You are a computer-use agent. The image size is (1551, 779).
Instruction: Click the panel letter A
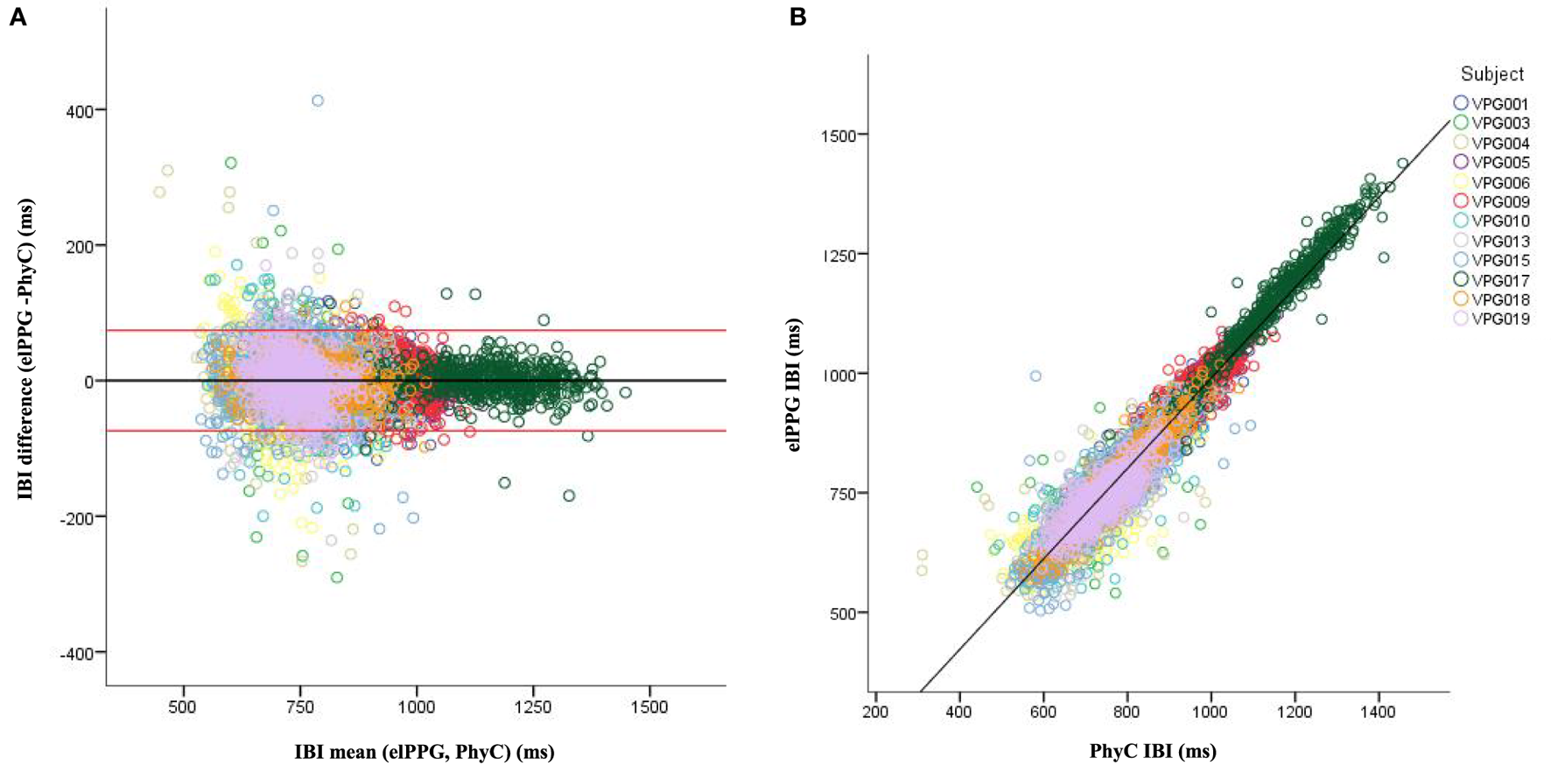point(18,17)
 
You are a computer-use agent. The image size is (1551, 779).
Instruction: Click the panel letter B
point(797,17)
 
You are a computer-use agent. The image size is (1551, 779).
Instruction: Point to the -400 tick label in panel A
point(79,653)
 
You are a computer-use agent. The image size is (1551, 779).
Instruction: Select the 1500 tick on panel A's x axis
point(649,707)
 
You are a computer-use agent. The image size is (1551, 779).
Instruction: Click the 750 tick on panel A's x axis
point(300,707)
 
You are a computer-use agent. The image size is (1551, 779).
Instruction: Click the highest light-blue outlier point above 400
point(318,101)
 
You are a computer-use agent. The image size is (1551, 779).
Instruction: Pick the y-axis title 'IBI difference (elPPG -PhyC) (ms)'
point(26,350)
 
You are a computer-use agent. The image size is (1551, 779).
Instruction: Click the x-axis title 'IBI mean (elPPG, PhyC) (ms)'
point(424,751)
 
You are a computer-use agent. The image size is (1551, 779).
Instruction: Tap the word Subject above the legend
point(1491,74)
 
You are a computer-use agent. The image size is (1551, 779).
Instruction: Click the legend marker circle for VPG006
point(1460,182)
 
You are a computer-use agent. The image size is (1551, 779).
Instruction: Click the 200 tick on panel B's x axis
point(875,712)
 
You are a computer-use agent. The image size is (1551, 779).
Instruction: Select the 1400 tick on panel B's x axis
point(1378,712)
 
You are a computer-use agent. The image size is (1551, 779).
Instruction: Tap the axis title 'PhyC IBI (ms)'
point(1153,751)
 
